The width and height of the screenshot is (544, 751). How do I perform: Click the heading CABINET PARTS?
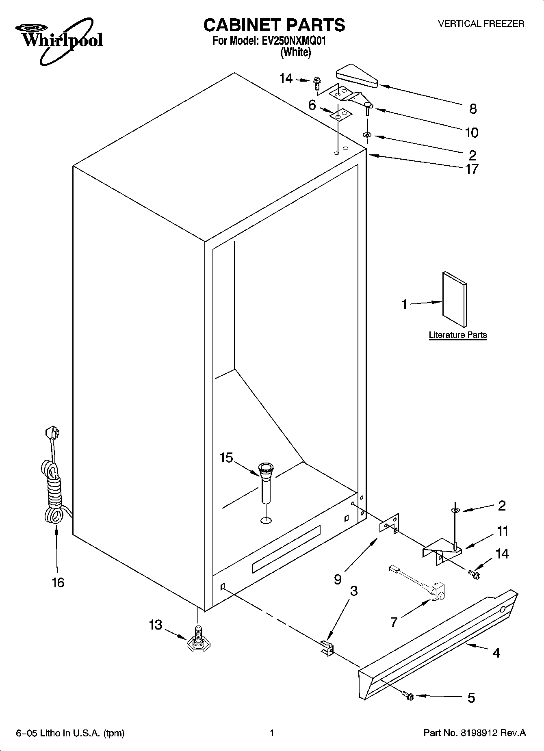click(x=274, y=25)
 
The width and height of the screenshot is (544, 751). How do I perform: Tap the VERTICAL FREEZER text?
click(x=481, y=24)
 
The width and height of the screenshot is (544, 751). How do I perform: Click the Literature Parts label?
click(x=457, y=335)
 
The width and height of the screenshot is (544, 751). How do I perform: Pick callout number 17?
click(x=472, y=169)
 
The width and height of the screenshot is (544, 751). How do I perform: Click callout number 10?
click(x=472, y=132)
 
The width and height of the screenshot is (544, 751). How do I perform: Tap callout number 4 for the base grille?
click(x=496, y=653)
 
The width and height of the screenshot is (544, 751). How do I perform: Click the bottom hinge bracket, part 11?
click(x=441, y=550)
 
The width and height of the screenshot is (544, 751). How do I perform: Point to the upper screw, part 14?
click(x=316, y=84)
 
